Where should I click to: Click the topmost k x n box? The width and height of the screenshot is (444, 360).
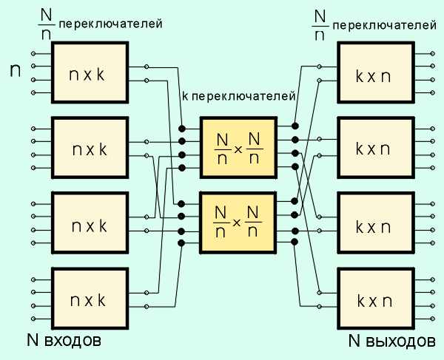[x=374, y=72]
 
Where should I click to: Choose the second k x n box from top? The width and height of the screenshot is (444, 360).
[x=374, y=149]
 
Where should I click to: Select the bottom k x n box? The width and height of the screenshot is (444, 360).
[x=374, y=300]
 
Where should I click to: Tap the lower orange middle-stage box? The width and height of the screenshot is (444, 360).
[x=238, y=223]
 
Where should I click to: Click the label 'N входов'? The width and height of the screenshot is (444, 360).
[x=63, y=342]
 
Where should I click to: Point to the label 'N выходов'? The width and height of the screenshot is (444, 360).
[x=391, y=342]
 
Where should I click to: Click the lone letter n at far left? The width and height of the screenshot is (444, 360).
[x=14, y=71]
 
